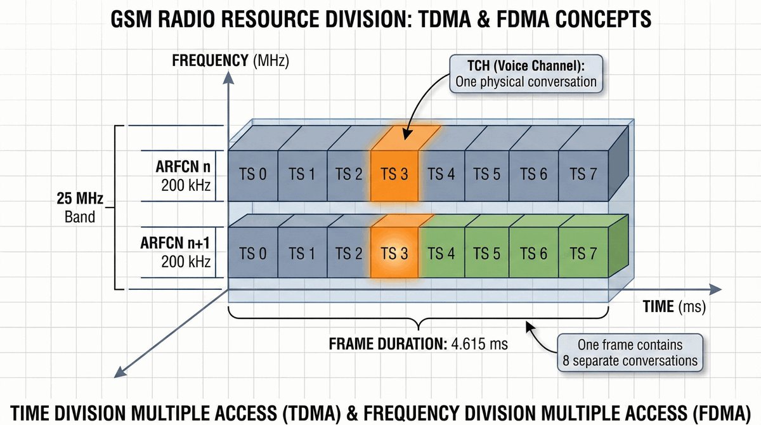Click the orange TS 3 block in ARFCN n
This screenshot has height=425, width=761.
[x=394, y=175]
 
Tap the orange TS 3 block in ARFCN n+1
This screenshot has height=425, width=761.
[x=394, y=254]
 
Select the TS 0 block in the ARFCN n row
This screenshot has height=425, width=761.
[x=252, y=175]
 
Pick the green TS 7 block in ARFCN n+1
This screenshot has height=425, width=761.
[x=582, y=254]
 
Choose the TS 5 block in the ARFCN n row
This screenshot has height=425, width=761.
[x=486, y=175]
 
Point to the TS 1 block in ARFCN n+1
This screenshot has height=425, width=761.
[x=302, y=254]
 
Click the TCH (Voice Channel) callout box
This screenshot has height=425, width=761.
[x=526, y=74]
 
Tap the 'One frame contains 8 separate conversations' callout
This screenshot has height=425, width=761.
[x=630, y=353]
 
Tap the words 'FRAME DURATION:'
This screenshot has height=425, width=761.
[x=388, y=344]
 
